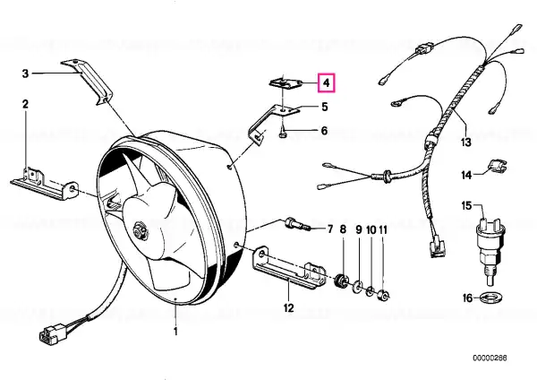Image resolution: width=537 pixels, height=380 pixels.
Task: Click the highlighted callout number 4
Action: [x=327, y=83]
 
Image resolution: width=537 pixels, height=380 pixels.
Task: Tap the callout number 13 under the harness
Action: [x=466, y=142]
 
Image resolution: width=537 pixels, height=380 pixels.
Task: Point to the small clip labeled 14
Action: [x=497, y=165]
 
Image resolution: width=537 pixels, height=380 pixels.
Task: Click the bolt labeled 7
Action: [x=297, y=224]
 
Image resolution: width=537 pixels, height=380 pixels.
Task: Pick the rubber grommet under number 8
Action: [x=342, y=281]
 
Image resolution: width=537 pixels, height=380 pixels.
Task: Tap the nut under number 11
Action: [x=383, y=295]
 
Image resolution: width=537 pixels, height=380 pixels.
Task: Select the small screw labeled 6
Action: [x=282, y=132]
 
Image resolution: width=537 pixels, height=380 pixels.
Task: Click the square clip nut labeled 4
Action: [x=285, y=83]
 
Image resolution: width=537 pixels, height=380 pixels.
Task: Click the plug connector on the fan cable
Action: [x=50, y=334]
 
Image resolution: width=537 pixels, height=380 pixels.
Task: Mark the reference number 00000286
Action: [x=490, y=358]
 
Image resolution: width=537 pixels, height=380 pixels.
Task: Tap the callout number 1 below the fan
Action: [x=175, y=332]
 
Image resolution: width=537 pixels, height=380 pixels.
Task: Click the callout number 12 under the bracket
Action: [x=289, y=307]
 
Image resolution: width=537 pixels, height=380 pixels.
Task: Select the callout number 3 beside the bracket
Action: [x=25, y=73]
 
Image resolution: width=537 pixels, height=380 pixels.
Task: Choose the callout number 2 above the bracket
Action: [x=26, y=104]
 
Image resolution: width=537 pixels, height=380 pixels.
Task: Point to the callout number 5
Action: [x=324, y=107]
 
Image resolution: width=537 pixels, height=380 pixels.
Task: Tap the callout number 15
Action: [x=466, y=206]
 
